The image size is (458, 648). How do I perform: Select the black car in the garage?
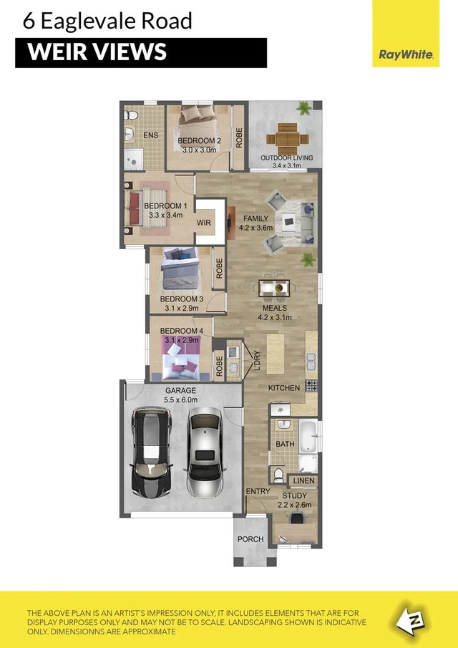(151, 453)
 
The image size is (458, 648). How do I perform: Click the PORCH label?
(250, 539)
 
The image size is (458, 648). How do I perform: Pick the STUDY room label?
(294, 495)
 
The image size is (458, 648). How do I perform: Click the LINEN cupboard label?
(303, 480)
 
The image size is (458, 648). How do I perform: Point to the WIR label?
(204, 223)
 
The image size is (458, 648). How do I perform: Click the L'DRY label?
(255, 362)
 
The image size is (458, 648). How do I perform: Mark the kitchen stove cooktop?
(311, 385)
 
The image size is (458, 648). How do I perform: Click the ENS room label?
(151, 135)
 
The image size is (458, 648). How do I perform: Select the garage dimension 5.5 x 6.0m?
(180, 400)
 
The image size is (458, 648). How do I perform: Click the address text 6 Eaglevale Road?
(107, 21)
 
